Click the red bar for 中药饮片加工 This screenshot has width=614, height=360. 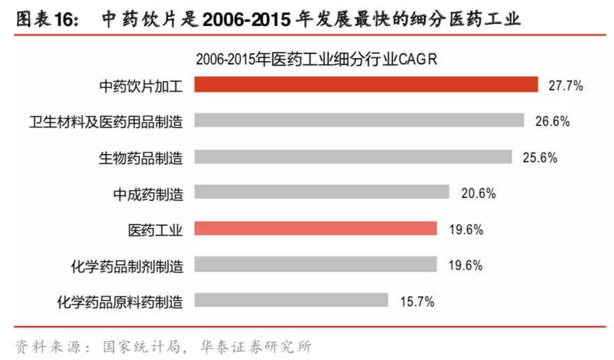click(366, 85)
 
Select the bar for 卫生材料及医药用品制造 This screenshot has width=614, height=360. click(359, 121)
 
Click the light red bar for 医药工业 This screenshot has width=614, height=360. click(315, 229)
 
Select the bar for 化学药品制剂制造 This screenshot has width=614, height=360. click(315, 265)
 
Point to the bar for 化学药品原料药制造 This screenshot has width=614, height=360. click(291, 301)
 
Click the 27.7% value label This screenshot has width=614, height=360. click(566, 85)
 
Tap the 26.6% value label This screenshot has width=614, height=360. click(553, 122)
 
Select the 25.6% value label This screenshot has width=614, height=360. click(540, 158)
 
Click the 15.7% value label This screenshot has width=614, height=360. click(417, 301)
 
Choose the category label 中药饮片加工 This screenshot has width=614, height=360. click(141, 85)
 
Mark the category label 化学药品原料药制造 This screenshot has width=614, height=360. click(120, 301)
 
